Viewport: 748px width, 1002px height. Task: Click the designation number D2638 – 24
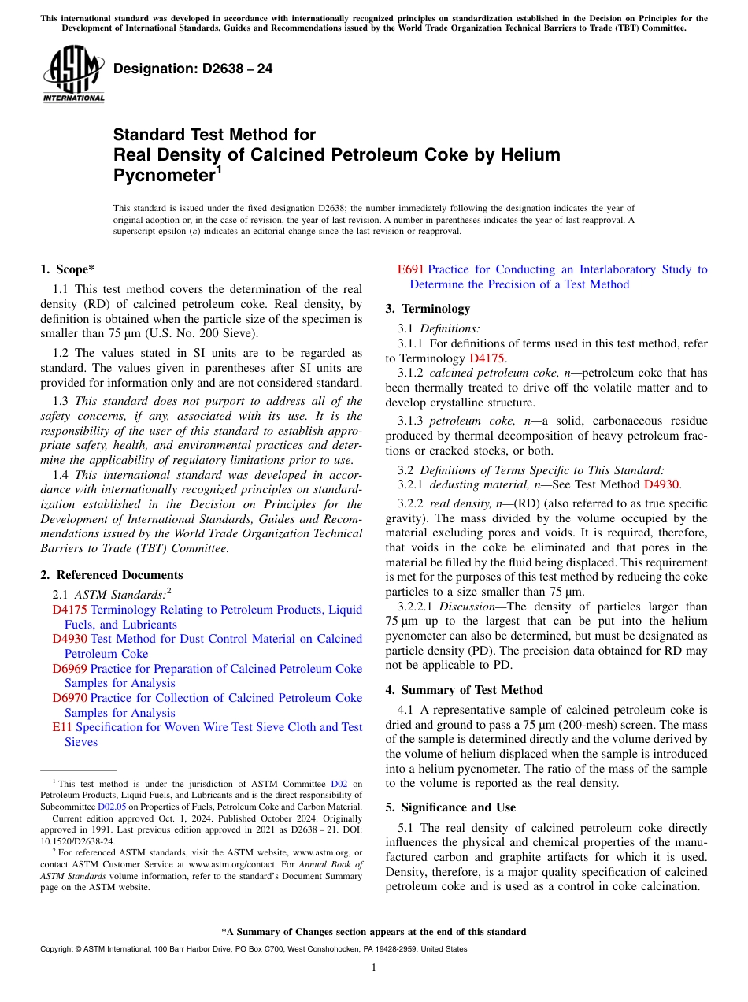click(x=193, y=69)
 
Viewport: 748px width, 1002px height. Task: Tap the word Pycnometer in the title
click(x=163, y=175)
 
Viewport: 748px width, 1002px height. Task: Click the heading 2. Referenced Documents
click(x=112, y=575)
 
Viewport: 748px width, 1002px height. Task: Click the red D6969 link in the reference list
click(x=69, y=669)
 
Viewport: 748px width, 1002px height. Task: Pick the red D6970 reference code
click(x=69, y=698)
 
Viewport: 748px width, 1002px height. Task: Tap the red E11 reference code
click(x=61, y=727)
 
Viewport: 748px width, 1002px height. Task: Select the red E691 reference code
click(x=411, y=269)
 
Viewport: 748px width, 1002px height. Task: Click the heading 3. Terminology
click(x=428, y=309)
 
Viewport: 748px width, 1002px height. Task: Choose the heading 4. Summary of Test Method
click(x=464, y=690)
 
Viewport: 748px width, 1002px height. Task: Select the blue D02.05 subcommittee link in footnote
click(x=111, y=807)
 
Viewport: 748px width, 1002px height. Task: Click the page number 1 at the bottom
click(x=374, y=968)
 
